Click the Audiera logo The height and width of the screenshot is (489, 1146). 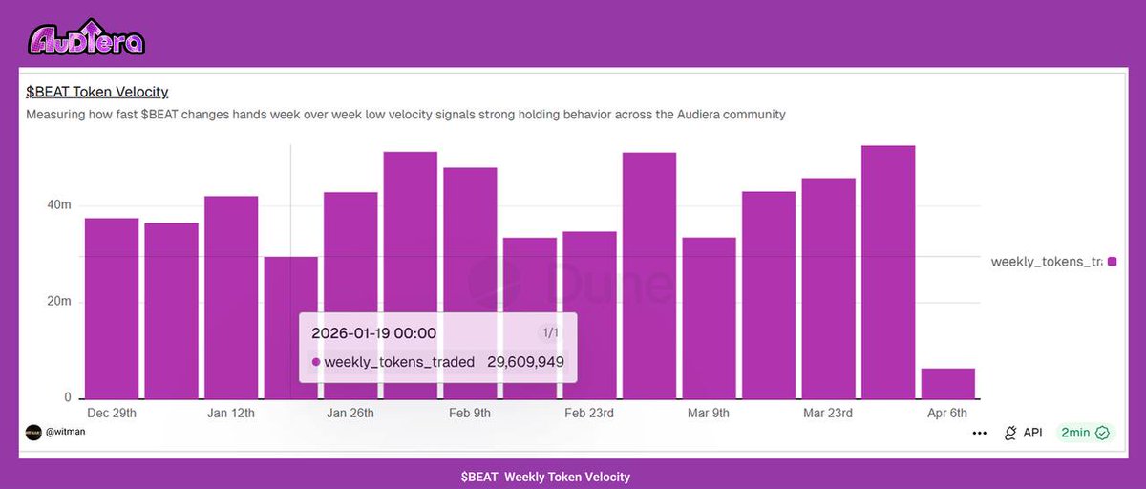pyautogui.click(x=86, y=37)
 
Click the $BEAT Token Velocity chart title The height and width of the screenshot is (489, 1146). pyautogui.click(x=97, y=92)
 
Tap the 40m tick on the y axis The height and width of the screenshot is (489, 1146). pyautogui.click(x=59, y=205)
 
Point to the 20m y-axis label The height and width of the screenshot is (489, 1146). pyautogui.click(x=59, y=302)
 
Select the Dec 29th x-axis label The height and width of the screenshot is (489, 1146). pyautogui.click(x=112, y=414)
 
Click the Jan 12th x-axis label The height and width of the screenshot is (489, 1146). pyautogui.click(x=231, y=414)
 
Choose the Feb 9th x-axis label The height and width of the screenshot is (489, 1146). pyautogui.click(x=470, y=414)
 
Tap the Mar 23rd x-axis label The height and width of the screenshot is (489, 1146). pyautogui.click(x=828, y=414)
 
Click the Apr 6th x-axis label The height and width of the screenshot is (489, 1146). pyautogui.click(x=947, y=414)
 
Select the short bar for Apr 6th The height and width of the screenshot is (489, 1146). pyautogui.click(x=947, y=384)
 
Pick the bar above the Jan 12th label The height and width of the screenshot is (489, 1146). pyautogui.click(x=231, y=296)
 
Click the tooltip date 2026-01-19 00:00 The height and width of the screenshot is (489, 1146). pyautogui.click(x=373, y=333)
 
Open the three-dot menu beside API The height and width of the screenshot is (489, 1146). pyautogui.click(x=979, y=433)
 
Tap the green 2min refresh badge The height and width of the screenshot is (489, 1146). pyautogui.click(x=1085, y=433)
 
